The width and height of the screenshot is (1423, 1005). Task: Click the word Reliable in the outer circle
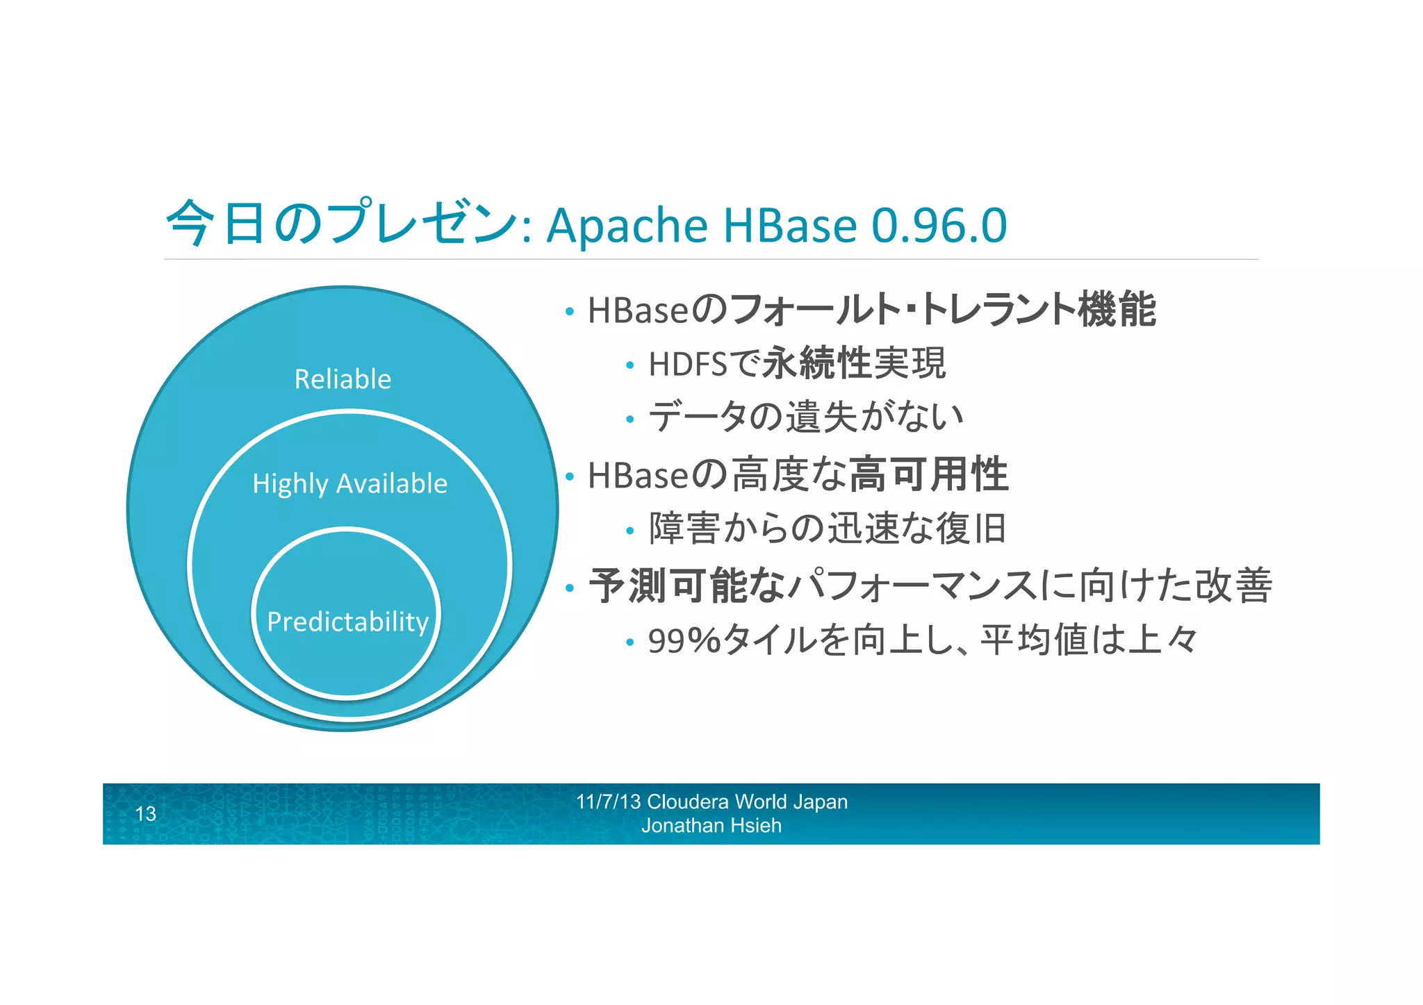pyautogui.click(x=343, y=379)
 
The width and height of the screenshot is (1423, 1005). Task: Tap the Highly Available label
pyautogui.click(x=349, y=483)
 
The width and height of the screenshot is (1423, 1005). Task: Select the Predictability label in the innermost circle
pyautogui.click(x=347, y=622)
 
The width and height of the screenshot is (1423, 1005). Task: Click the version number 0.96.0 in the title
pyautogui.click(x=939, y=225)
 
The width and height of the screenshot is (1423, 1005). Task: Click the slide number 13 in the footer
pyautogui.click(x=145, y=814)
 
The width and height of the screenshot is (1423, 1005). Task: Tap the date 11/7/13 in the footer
pyautogui.click(x=608, y=801)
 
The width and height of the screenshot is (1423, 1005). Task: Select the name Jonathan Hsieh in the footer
pyautogui.click(x=711, y=826)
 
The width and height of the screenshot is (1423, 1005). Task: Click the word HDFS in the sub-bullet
pyautogui.click(x=687, y=364)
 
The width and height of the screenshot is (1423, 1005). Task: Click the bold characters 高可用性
pyautogui.click(x=928, y=474)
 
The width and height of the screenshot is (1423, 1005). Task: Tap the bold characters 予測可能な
pyautogui.click(x=686, y=585)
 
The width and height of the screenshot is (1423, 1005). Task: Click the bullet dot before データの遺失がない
pyautogui.click(x=630, y=420)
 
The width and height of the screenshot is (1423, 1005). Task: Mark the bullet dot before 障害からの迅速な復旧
pyautogui.click(x=630, y=531)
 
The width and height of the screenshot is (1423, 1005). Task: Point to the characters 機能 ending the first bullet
pyautogui.click(x=1117, y=309)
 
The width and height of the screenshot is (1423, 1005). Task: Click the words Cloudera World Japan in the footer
pyautogui.click(x=747, y=801)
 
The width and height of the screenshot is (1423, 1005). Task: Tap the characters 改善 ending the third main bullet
pyautogui.click(x=1233, y=585)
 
